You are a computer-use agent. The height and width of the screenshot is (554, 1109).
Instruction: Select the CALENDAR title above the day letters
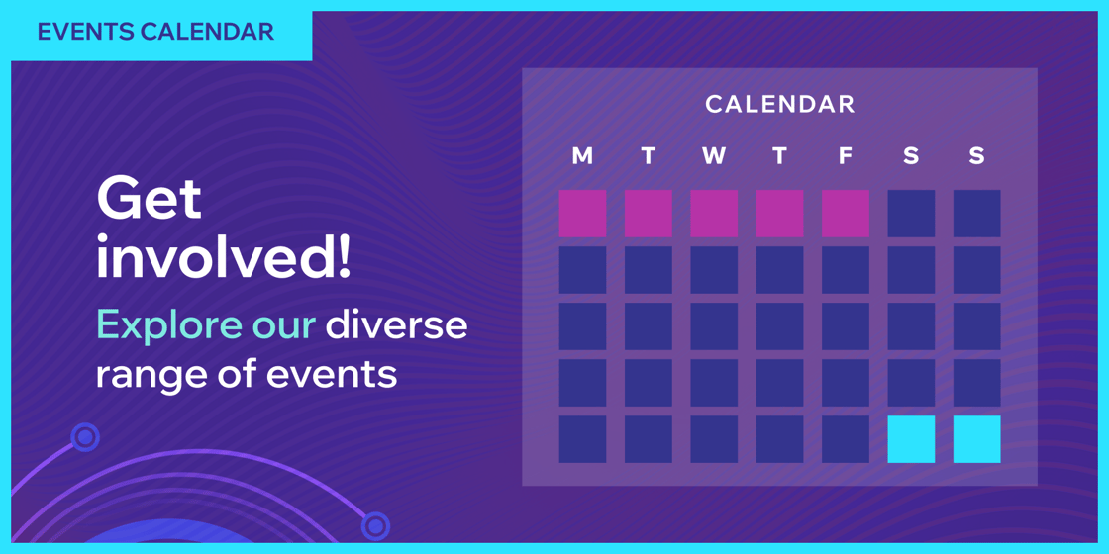[779, 104]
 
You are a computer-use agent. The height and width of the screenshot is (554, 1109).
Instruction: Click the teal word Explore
[169, 325]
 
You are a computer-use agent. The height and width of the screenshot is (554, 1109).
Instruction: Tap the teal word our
[284, 325]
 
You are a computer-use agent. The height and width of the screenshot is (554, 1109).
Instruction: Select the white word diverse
[396, 325]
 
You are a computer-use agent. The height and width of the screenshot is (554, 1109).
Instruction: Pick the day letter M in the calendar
[582, 156]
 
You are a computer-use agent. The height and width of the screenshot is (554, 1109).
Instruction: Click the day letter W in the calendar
[714, 156]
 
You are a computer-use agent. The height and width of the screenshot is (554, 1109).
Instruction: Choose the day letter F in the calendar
[845, 156]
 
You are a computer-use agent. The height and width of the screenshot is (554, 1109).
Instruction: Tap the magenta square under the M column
[582, 214]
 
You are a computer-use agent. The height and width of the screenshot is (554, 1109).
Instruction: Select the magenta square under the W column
[714, 214]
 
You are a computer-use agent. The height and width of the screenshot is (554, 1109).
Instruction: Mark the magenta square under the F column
[845, 214]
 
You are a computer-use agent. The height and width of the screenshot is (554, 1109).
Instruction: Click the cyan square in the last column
[976, 439]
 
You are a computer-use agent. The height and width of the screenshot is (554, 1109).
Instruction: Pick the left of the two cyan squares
[911, 439]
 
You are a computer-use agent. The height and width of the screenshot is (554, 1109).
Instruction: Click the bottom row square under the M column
[582, 439]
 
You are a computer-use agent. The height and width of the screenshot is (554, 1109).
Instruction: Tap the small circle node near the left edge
[86, 436]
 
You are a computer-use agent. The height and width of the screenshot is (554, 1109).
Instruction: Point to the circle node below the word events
[375, 525]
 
